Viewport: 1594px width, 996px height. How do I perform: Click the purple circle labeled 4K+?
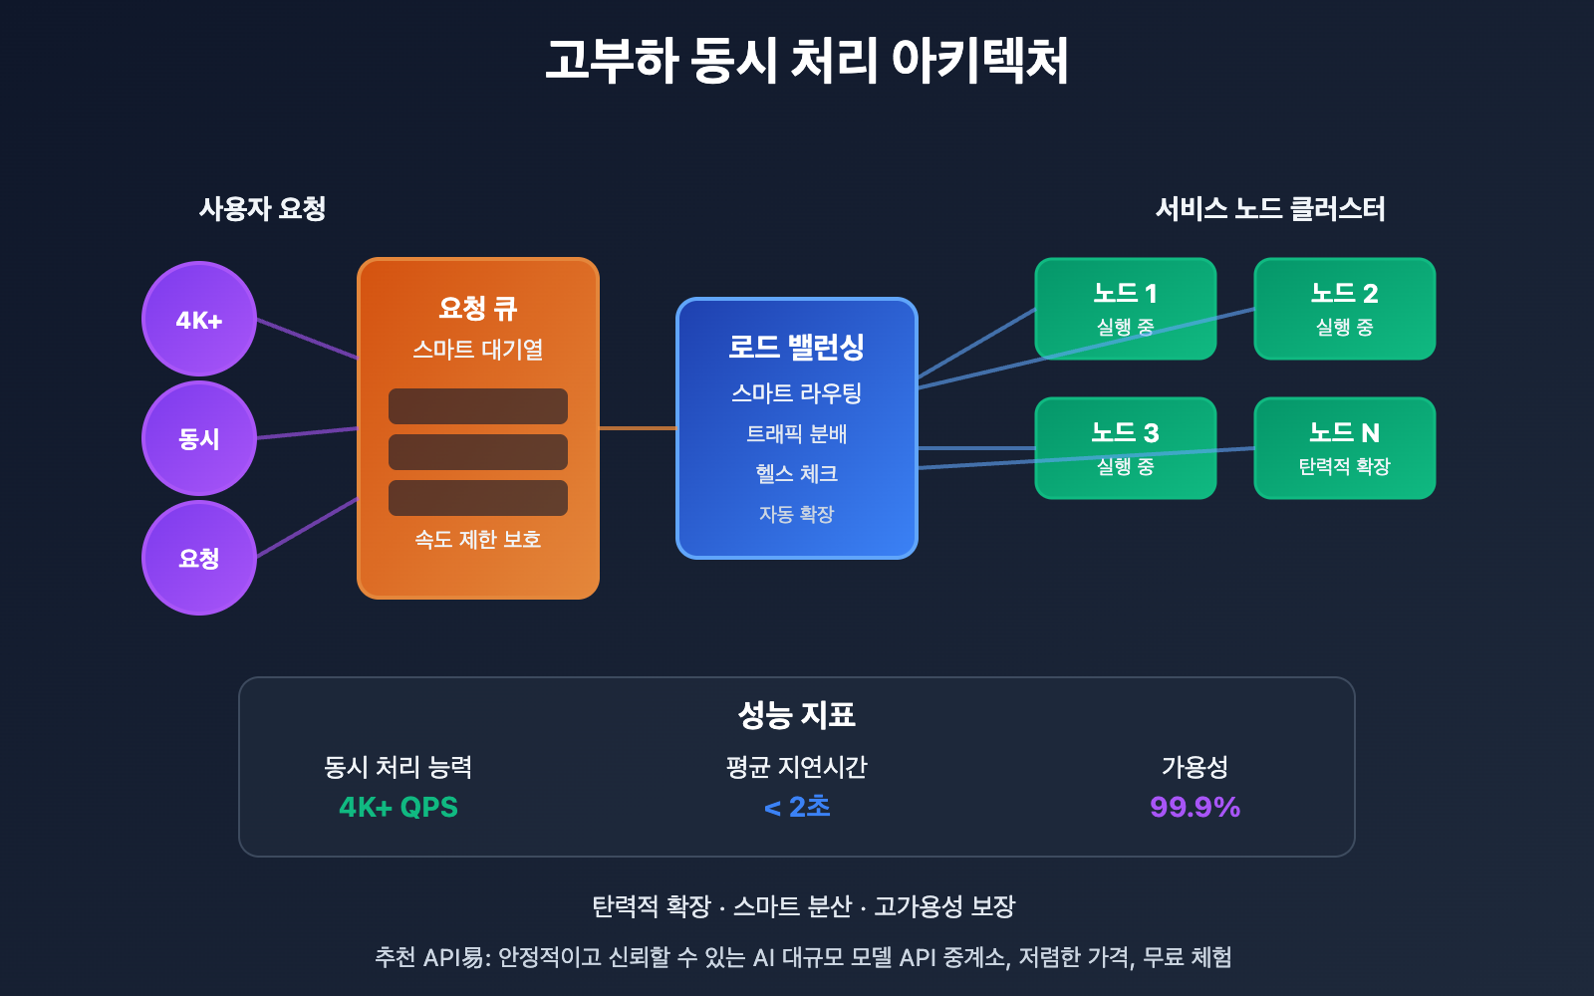pos(199,320)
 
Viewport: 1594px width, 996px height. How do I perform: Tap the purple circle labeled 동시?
pos(199,438)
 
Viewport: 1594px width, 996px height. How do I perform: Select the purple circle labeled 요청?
pos(199,558)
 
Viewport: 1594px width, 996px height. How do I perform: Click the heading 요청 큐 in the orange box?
pos(478,308)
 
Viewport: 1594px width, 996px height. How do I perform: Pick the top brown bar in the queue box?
pos(478,406)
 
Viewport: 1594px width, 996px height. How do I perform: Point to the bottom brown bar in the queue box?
pos(478,498)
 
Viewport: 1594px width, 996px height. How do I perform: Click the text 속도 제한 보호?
pos(478,539)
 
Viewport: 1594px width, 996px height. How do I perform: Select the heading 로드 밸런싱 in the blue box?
pos(796,347)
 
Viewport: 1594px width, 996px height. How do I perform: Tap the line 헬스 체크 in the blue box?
pos(796,474)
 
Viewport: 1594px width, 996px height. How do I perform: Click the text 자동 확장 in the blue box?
pos(796,514)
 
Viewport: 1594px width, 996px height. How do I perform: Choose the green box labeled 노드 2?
pos(1344,309)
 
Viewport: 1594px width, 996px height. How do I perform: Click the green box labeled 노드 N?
pos(1344,448)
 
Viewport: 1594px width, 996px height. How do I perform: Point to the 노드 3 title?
pos(1125,432)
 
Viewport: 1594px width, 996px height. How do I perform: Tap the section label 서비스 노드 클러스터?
pos(1270,208)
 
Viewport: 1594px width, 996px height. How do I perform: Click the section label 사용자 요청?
pos(262,208)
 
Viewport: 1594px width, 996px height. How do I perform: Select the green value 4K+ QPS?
pos(398,807)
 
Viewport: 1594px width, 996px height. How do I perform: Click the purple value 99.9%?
pos(1195,807)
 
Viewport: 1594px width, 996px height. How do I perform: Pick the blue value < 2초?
pos(797,807)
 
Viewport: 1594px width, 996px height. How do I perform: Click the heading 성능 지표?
pos(796,714)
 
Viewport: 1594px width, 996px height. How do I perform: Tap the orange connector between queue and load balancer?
pos(638,428)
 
